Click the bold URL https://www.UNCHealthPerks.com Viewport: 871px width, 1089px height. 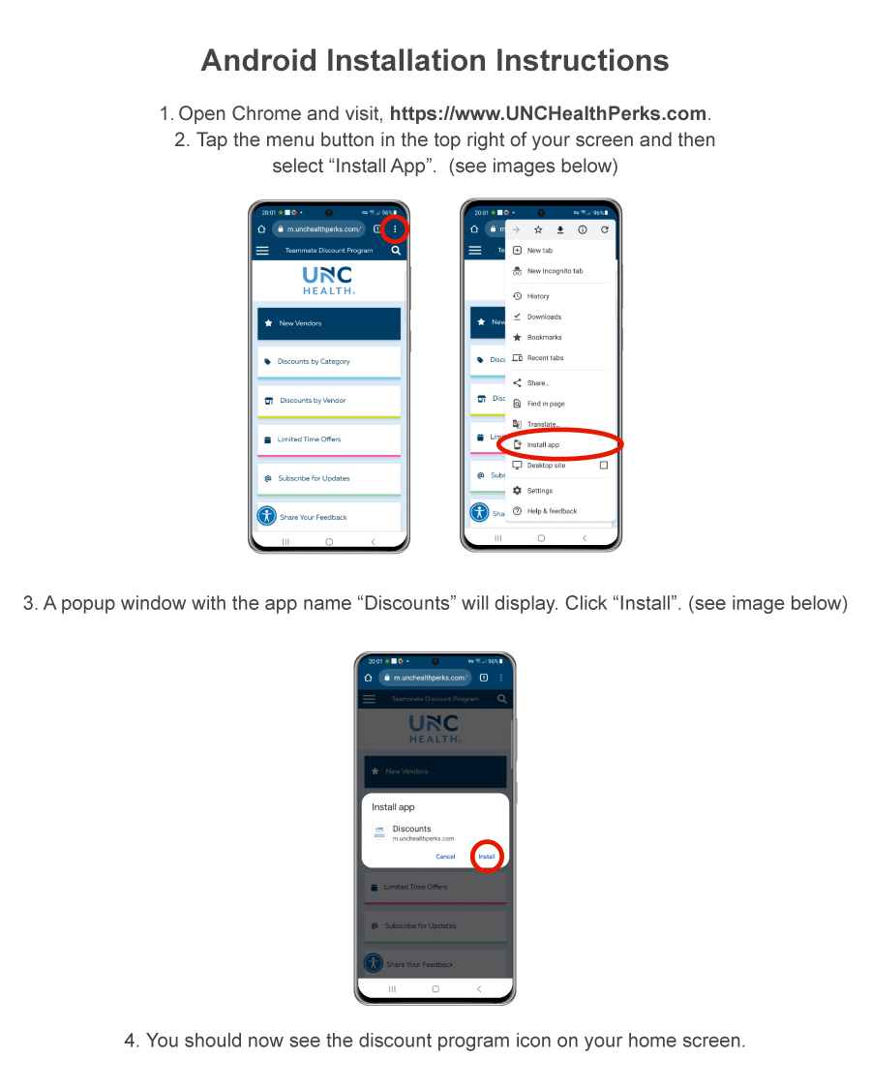click(549, 114)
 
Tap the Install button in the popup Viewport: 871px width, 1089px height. click(486, 857)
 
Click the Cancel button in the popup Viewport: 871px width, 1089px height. click(445, 857)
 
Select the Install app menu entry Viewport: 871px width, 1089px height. click(543, 445)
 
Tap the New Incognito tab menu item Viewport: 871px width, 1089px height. click(555, 271)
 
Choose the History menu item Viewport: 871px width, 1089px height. click(538, 296)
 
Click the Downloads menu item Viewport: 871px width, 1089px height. click(544, 317)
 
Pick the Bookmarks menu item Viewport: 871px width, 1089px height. click(544, 338)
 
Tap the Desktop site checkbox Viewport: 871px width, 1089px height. click(604, 466)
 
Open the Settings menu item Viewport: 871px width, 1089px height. click(540, 491)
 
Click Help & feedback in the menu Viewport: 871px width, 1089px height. click(552, 511)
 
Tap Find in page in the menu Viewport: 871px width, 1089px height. click(546, 404)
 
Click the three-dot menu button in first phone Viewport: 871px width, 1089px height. click(395, 229)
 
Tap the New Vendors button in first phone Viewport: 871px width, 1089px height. click(328, 323)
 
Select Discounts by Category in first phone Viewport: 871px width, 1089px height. click(328, 362)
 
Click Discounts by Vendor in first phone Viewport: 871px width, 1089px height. click(328, 401)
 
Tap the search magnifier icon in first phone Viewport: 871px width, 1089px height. click(396, 251)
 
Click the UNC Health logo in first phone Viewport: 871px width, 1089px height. click(328, 280)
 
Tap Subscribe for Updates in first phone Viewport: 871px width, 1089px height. click(328, 478)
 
